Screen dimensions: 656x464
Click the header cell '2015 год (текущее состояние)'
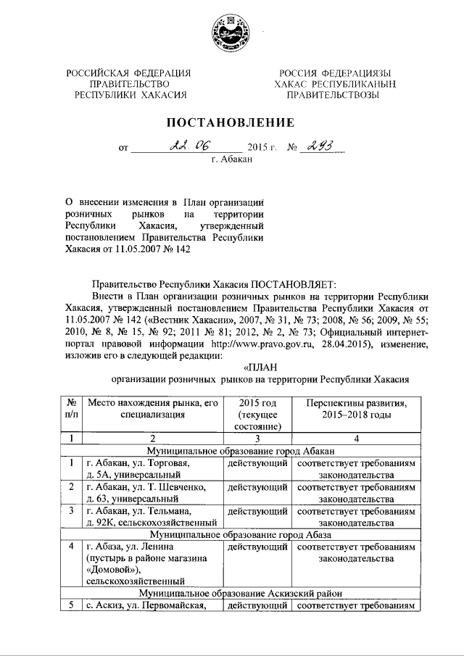pyautogui.click(x=257, y=413)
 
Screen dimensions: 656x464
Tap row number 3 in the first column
pyautogui.click(x=71, y=510)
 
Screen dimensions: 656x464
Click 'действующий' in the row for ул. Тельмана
pyautogui.click(x=256, y=510)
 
